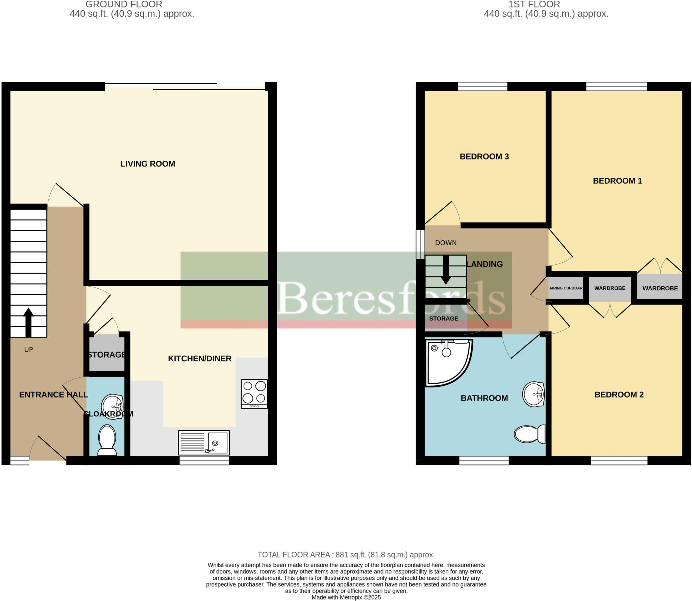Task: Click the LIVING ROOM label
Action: point(148,164)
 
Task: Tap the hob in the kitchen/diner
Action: point(254,394)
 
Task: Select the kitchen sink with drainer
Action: point(204,442)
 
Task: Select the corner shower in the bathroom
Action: point(447,362)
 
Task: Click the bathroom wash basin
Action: point(533,394)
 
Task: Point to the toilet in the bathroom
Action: point(529,434)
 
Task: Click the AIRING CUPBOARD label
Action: point(566,288)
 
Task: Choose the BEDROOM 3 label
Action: point(484,157)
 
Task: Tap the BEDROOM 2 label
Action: point(619,394)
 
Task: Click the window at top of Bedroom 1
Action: point(616,87)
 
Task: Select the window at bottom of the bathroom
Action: point(484,460)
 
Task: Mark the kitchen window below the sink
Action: point(204,460)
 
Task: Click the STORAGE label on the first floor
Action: point(444,319)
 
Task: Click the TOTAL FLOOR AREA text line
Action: point(346,555)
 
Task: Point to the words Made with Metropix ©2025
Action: point(346,597)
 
